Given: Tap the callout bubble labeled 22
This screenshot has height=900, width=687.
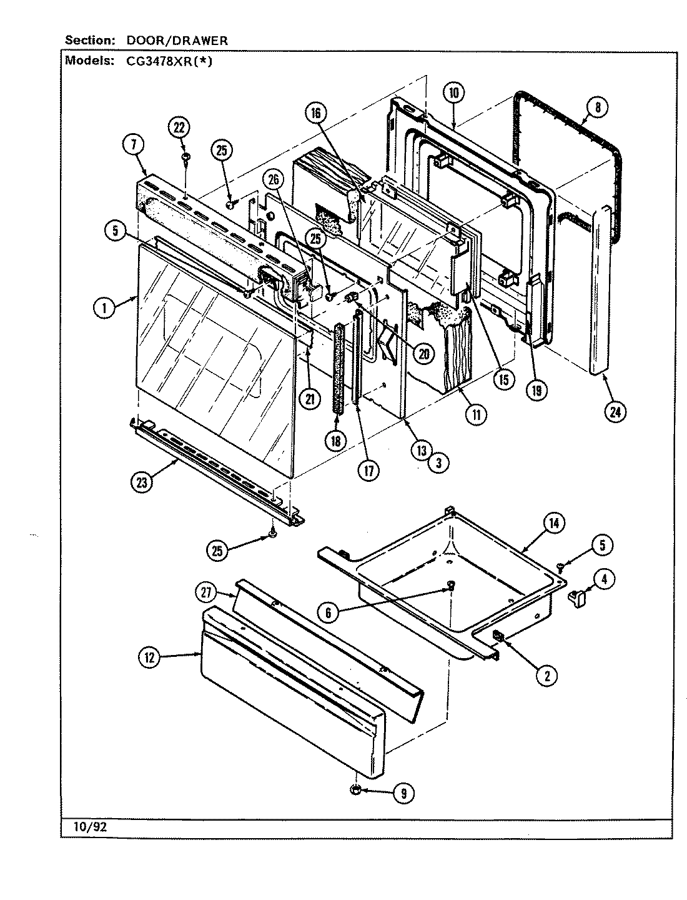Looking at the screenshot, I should click(179, 127).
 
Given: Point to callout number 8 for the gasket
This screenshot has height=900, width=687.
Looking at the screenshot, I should click(597, 107).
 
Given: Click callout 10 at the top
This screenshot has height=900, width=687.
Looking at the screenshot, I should click(453, 92).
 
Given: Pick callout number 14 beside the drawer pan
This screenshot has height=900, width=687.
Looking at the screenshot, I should click(553, 522).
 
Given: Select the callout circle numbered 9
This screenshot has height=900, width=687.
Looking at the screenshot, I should click(403, 793).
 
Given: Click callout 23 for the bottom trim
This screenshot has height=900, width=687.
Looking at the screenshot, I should click(142, 481).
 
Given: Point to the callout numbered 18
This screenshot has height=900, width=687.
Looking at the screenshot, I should click(335, 440).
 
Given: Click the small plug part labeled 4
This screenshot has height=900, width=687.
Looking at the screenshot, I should click(577, 599).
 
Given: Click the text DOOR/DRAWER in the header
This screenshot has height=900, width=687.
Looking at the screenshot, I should click(177, 41).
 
